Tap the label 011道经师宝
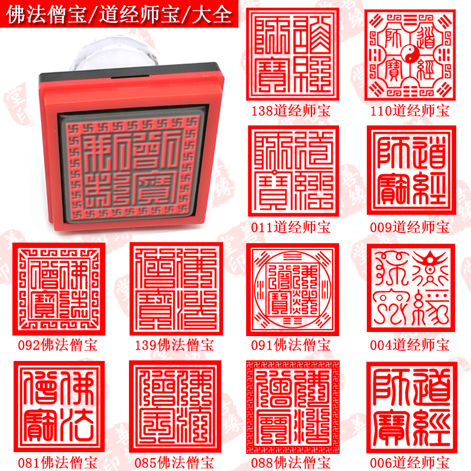pos(291,227)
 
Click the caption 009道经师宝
pos(410,227)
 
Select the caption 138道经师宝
pos(291,111)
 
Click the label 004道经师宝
pos(410,345)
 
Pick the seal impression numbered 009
pos(410,171)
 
